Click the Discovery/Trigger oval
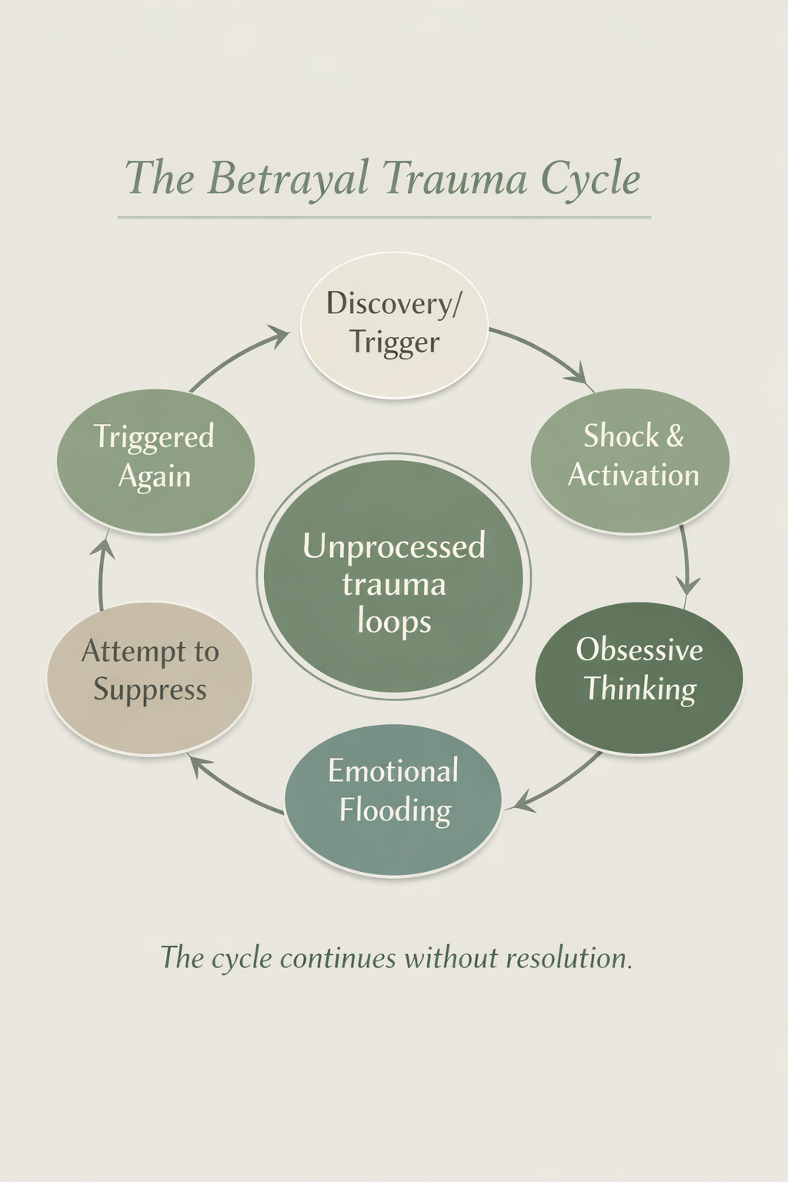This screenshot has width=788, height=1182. pos(394,325)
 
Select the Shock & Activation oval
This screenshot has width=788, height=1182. pos(630,460)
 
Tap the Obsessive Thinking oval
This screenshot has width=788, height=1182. pos(639,677)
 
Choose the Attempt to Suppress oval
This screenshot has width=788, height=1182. pos(150,677)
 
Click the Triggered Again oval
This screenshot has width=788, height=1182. pos(155,460)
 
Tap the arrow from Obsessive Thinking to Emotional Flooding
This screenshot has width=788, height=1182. pos(558,785)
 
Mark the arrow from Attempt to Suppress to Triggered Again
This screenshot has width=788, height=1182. pos(102,573)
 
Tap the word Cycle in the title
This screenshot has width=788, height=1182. pos(590,179)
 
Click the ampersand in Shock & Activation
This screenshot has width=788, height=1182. pos(675,436)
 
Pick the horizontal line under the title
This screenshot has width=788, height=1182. pos(385,218)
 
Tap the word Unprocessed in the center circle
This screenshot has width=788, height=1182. pos(393,546)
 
